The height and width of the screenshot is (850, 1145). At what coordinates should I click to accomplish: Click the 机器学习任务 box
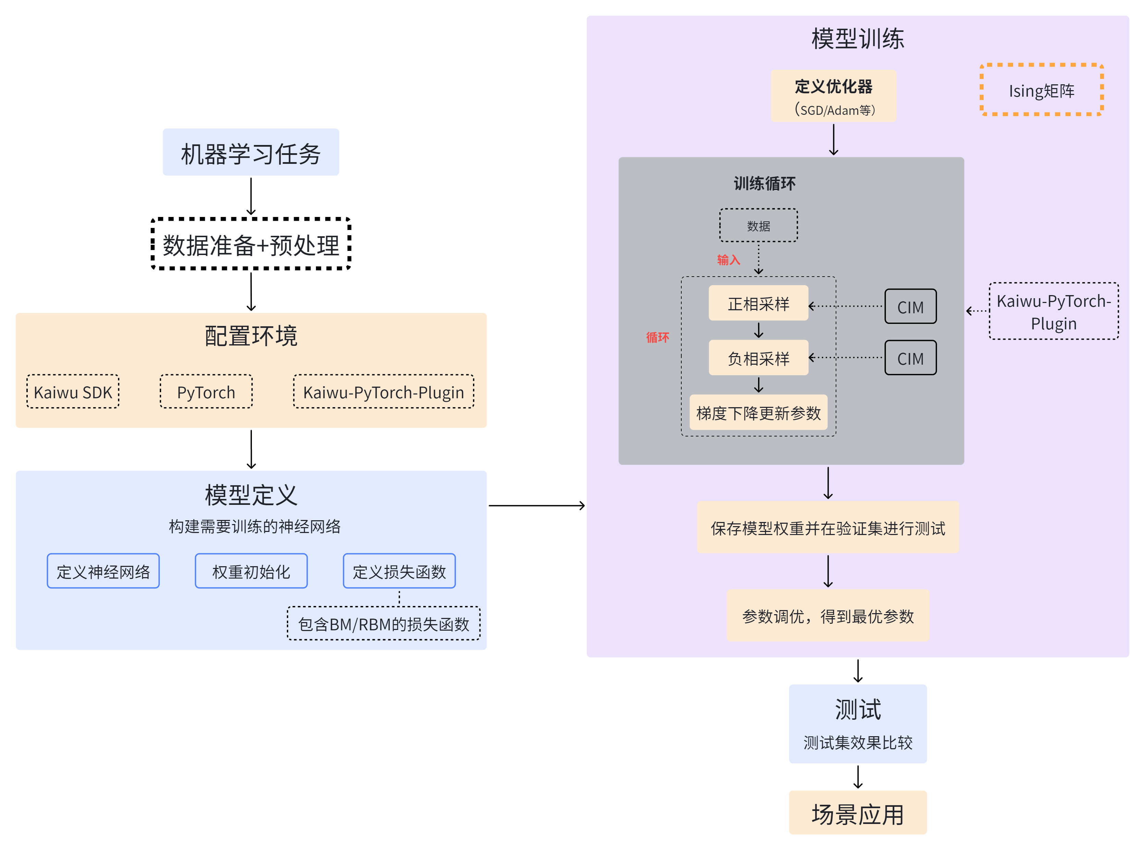[x=251, y=152]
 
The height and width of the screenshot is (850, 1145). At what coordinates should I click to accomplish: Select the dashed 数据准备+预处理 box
[x=251, y=244]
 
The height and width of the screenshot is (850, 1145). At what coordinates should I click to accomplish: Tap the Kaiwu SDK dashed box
[x=73, y=392]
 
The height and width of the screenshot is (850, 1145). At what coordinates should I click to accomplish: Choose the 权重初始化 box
[x=251, y=571]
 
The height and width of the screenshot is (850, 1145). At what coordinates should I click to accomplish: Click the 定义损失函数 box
[x=399, y=571]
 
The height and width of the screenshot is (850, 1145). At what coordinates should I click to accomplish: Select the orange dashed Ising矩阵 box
[x=1041, y=90]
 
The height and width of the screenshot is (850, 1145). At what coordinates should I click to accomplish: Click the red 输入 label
[x=728, y=260]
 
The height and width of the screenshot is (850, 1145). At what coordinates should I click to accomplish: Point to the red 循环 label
[x=657, y=338]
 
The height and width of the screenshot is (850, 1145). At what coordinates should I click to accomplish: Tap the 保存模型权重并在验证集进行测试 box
[x=828, y=528]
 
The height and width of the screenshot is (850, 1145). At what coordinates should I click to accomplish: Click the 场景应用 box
[x=857, y=814]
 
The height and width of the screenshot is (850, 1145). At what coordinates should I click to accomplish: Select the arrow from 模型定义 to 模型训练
[x=536, y=506]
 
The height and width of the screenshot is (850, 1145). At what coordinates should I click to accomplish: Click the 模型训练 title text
[x=857, y=39]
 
